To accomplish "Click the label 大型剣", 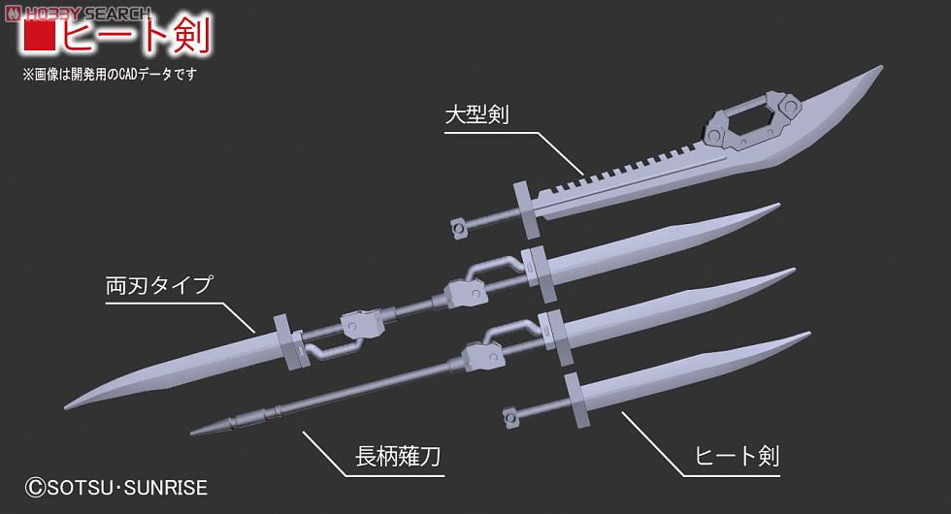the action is [x=476, y=114].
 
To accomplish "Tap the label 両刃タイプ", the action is [x=159, y=285].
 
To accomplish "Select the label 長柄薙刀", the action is [x=398, y=456].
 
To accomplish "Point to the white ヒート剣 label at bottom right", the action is [x=737, y=456].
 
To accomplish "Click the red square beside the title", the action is [x=39, y=33].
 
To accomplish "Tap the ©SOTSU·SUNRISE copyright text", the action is [x=115, y=487].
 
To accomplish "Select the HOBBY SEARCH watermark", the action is [x=79, y=13].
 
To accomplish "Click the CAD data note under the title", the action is [x=110, y=75].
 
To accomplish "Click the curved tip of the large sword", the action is [x=878, y=69].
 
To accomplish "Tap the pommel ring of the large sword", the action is [x=460, y=227].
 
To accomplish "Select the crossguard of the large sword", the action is [x=526, y=209].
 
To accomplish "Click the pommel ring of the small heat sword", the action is [x=512, y=416].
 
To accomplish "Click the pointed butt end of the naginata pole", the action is [x=192, y=433].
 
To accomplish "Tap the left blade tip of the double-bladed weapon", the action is [x=66, y=406].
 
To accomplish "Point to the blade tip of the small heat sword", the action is [x=807, y=333].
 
